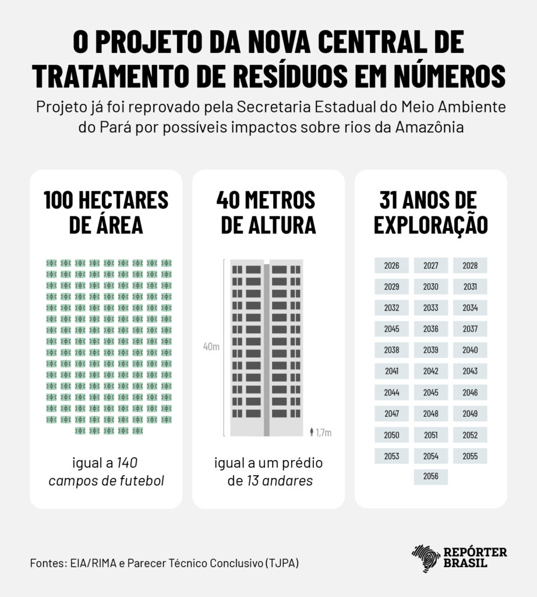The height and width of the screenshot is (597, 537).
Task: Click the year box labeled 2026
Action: coord(391,266)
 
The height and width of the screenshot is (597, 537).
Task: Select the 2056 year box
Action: coord(431,476)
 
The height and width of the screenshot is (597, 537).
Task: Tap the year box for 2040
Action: coord(470,350)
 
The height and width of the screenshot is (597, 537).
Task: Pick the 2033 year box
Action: coord(431,308)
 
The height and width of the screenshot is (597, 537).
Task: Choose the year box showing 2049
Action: coord(470,414)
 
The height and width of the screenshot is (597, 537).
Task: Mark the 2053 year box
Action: coord(391,456)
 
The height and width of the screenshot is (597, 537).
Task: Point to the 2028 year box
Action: coord(470,266)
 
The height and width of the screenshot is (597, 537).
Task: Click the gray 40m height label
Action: coord(211,347)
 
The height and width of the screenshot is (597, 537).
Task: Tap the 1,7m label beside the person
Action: coord(323,433)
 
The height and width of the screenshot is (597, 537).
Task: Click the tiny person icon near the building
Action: coord(312,432)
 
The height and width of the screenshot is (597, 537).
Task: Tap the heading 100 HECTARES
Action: coord(106,200)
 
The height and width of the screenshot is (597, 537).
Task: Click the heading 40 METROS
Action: coord(266,200)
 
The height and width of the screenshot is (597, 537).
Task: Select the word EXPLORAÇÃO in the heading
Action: coord(430,226)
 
